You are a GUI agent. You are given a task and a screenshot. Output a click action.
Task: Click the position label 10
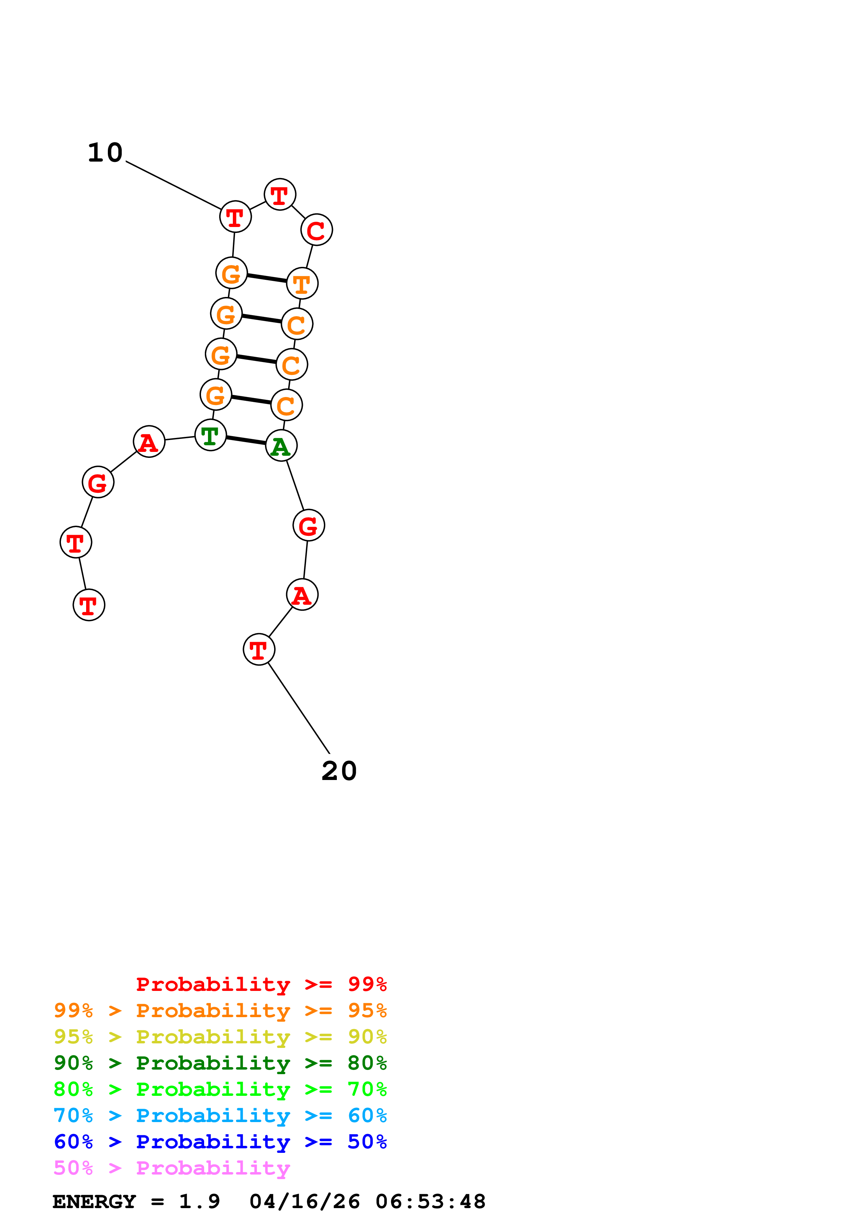click(105, 153)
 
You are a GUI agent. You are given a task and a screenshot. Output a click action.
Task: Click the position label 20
click(339, 771)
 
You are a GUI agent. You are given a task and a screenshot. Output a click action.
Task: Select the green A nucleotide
click(281, 446)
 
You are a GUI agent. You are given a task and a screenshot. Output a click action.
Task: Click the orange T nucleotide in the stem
click(302, 283)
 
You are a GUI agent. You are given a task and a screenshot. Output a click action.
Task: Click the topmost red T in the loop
click(280, 194)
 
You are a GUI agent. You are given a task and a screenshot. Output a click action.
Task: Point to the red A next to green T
click(149, 442)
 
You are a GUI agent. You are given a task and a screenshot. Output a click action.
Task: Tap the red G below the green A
click(308, 525)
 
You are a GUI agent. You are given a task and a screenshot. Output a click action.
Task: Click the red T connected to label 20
click(259, 650)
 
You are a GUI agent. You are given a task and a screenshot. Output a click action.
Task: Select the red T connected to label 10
click(235, 217)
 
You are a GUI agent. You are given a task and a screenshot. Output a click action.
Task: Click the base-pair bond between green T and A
click(246, 440)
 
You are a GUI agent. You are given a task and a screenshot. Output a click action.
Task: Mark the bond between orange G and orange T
click(267, 278)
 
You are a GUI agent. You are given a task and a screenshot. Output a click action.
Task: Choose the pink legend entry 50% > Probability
click(172, 1168)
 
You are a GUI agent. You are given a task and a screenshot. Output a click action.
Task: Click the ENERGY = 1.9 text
click(136, 1202)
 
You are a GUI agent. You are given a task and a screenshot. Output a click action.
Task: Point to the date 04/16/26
click(304, 1202)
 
